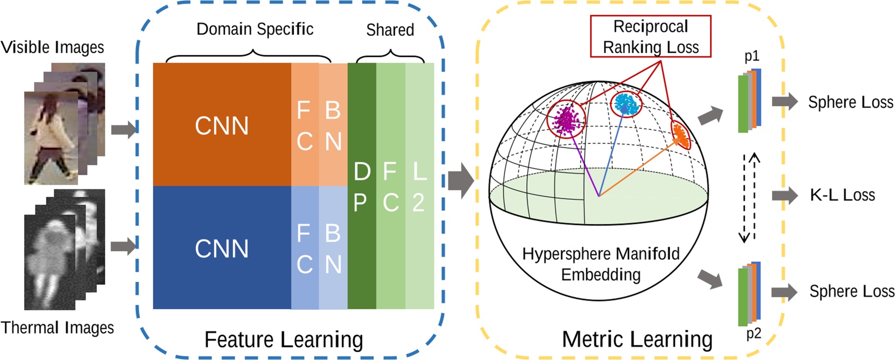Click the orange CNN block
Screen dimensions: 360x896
point(222,125)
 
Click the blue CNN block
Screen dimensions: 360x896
point(222,248)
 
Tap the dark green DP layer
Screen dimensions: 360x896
point(362,186)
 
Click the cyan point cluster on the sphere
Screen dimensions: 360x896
point(626,104)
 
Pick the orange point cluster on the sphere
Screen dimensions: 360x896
point(681,134)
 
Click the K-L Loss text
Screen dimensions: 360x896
point(842,195)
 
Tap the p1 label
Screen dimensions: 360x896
point(752,56)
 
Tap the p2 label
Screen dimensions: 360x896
point(753,333)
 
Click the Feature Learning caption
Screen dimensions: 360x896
point(283,340)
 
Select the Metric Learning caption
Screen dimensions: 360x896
point(637,340)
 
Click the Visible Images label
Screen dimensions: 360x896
point(52,47)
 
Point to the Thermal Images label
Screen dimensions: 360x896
point(57,328)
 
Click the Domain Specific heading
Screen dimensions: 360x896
point(255,29)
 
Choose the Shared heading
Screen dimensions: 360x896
point(390,30)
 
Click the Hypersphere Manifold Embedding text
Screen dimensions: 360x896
point(601,264)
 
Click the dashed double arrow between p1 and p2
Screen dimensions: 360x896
point(749,197)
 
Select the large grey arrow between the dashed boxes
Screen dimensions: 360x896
point(461,181)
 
